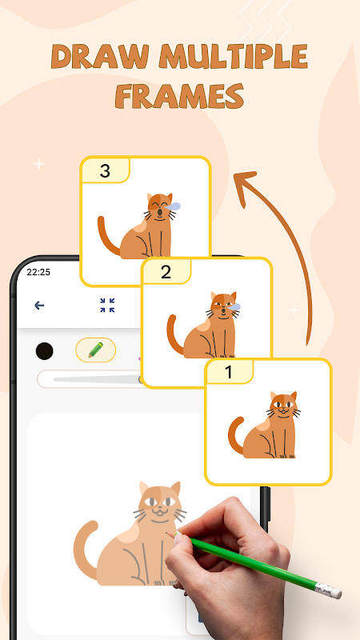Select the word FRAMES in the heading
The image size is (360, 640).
(x=179, y=96)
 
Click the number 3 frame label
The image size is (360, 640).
(x=105, y=171)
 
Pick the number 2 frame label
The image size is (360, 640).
(x=166, y=272)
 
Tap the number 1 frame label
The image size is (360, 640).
(x=229, y=372)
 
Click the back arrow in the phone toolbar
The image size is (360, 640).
(x=39, y=305)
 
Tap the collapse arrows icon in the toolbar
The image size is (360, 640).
(x=107, y=306)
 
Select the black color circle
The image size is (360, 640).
(x=45, y=351)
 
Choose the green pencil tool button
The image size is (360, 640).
(x=95, y=350)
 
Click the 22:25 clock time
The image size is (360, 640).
(x=38, y=272)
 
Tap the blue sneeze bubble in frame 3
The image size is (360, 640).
(x=174, y=206)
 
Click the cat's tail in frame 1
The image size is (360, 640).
(x=235, y=435)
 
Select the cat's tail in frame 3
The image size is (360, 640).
(x=107, y=237)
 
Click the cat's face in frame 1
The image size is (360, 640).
(x=283, y=406)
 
